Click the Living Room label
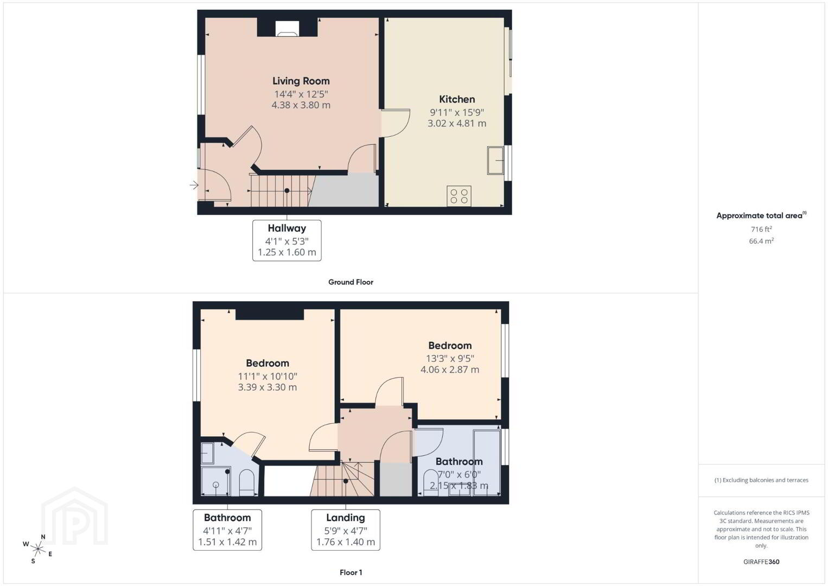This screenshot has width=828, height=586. [x=301, y=81]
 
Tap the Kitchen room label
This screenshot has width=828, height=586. [x=457, y=99]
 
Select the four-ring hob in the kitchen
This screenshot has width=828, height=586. [x=458, y=196]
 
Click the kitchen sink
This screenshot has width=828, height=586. [x=495, y=161]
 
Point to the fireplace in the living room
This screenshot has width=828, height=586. [x=287, y=28]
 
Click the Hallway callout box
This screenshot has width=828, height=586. [x=287, y=240]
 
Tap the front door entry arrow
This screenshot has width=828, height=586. [x=194, y=185]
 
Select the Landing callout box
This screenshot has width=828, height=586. [x=346, y=530]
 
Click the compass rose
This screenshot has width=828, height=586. [x=37, y=550]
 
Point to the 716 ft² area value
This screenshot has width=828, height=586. [x=761, y=229]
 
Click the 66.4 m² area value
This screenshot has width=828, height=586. [x=761, y=241]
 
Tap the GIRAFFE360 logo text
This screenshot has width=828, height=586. [x=761, y=562]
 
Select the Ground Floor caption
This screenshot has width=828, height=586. [x=351, y=282]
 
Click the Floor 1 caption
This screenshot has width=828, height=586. [x=351, y=572]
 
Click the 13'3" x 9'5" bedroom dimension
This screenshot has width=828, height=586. [x=450, y=358]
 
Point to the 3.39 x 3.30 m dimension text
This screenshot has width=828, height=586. [x=267, y=387]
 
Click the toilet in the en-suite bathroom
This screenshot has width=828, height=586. [x=246, y=482]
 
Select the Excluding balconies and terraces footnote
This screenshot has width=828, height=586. [x=761, y=480]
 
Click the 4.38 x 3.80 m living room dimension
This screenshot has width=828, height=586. [x=301, y=105]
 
